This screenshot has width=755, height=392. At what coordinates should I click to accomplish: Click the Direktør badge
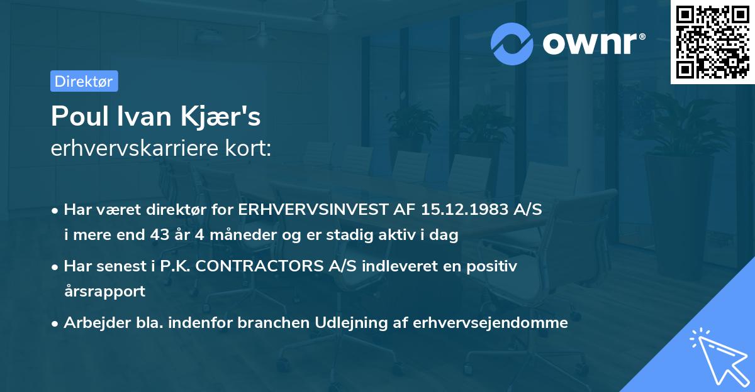[x=84, y=81]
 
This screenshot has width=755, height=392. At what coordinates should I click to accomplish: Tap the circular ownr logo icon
[x=512, y=44]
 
